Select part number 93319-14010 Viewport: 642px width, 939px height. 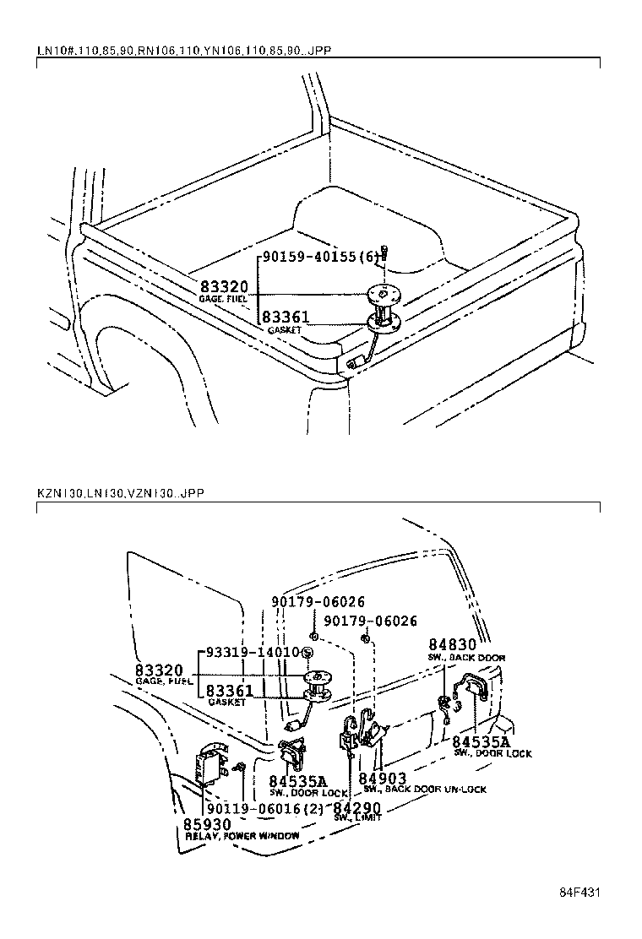coord(249,652)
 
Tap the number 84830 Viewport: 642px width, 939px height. coord(452,644)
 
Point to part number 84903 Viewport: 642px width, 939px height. coord(383,778)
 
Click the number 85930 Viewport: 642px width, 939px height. coord(207,823)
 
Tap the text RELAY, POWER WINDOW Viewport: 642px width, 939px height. coord(242,835)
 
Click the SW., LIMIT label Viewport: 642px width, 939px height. coord(356,817)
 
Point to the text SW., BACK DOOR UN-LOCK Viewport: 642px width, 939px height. coord(424,790)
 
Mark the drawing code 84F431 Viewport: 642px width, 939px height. coord(579,892)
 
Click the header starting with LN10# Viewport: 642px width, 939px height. coord(183,51)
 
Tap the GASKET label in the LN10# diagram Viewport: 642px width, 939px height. coord(284,330)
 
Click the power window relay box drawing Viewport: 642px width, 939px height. coord(209,765)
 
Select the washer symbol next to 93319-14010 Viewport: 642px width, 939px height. coord(307,653)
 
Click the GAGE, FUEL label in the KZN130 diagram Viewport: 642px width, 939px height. coord(163,680)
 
